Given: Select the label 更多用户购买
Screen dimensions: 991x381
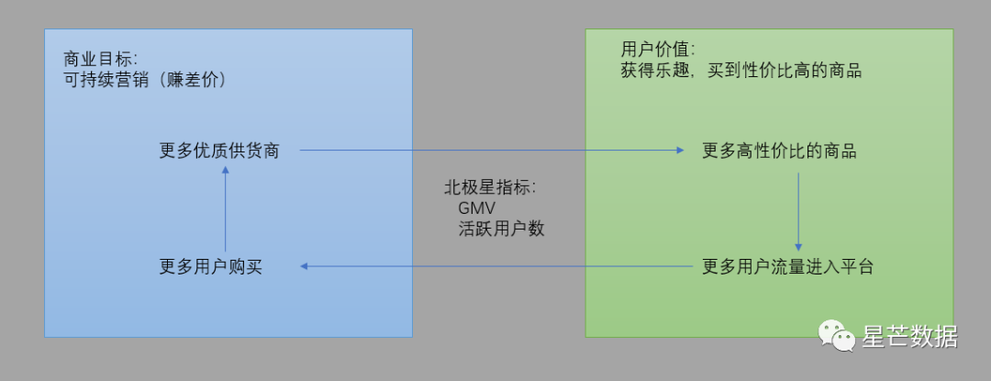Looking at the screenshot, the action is click(x=216, y=267).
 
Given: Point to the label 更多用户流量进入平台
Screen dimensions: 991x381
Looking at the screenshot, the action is click(x=788, y=267).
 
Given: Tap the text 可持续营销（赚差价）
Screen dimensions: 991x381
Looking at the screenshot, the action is click(x=146, y=80).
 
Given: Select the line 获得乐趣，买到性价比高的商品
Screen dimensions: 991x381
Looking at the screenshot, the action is click(x=741, y=70).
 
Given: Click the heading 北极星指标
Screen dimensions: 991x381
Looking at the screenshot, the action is click(x=489, y=187).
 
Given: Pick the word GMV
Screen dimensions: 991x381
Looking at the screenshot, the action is click(x=476, y=208).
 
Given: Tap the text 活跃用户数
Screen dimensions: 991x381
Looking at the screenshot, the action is click(x=501, y=229).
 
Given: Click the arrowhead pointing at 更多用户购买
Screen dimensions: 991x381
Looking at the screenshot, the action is click(x=306, y=266).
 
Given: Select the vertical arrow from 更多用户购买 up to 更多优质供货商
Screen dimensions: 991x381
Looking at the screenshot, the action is click(x=225, y=211).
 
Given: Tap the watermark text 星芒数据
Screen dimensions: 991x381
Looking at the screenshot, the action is click(x=909, y=337).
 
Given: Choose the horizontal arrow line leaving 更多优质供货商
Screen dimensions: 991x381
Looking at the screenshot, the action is click(x=486, y=150).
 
